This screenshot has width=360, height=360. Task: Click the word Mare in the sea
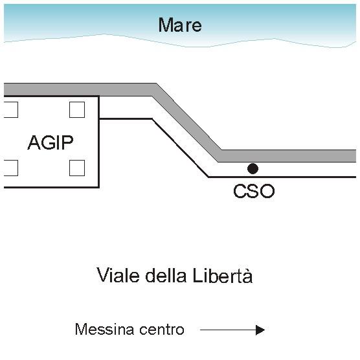coord(180,25)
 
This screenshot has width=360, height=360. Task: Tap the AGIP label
coord(51,142)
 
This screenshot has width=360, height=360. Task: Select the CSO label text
coord(254,191)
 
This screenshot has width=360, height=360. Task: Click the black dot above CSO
coord(253,169)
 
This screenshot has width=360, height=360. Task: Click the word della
coord(166,275)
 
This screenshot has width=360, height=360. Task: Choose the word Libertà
coord(223,275)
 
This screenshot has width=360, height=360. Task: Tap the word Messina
coord(104,329)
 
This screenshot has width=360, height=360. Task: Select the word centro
coord(162,330)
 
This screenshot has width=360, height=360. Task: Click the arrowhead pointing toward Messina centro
coord(260,330)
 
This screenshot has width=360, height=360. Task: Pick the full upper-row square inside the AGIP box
coord(77,109)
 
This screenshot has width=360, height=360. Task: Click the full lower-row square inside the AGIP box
coord(77,168)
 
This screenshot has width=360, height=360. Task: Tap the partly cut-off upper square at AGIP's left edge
coord(11,109)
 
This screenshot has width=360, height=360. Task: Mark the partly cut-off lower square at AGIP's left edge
coord(11,168)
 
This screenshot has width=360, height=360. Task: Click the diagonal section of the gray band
coord(186,122)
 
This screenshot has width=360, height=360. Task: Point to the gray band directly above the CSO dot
coord(253,156)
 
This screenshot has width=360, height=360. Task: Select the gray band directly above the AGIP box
coord(52,89)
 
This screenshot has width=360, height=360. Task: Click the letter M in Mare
coord(166,25)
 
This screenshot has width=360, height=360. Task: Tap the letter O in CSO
coord(267,191)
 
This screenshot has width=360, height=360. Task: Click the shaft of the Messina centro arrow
coord(228,330)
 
